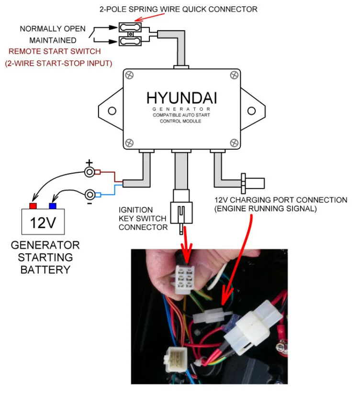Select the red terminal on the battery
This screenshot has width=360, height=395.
33,206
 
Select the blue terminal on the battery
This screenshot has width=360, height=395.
52,206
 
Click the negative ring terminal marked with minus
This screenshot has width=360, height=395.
89,194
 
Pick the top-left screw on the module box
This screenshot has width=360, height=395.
129,75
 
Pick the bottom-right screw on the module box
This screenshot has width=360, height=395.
234,142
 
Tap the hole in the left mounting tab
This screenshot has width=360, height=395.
112,111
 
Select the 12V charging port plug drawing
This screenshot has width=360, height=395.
252,183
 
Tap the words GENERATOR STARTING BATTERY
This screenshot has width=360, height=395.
45,257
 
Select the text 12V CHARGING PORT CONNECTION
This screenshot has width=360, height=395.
281,200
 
